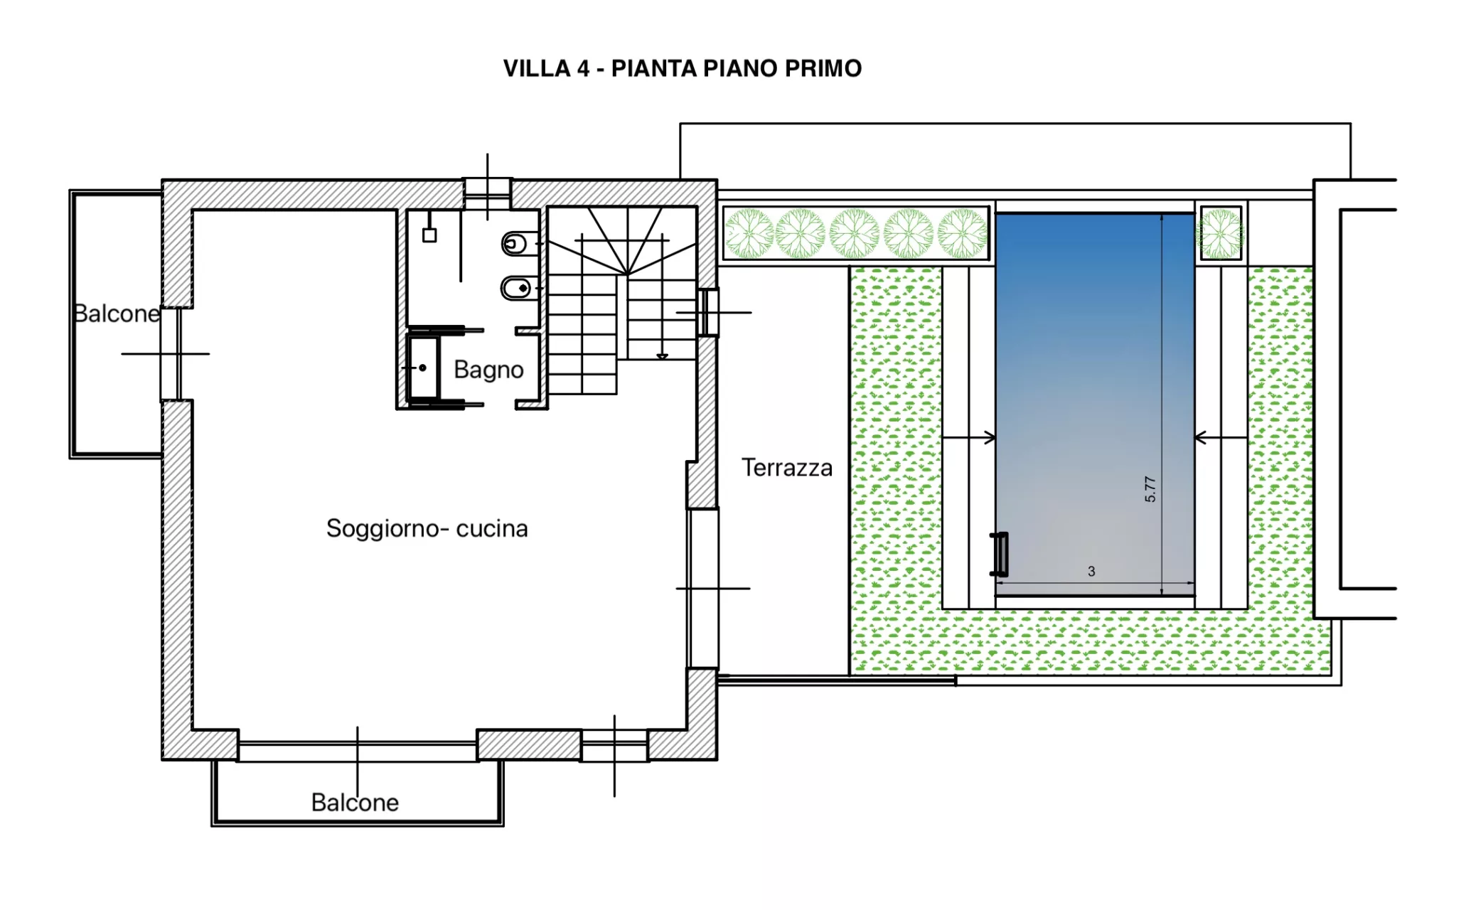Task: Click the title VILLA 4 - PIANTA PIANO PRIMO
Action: [x=682, y=68]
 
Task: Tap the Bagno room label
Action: [x=488, y=370]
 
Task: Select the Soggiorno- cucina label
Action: [x=427, y=528]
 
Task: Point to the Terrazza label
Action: [x=786, y=468]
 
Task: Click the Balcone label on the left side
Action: [x=117, y=314]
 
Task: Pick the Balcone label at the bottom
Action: [x=355, y=803]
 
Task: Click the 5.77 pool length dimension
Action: [x=1150, y=489]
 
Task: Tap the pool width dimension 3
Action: [x=1091, y=572]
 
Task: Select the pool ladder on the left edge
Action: [x=1000, y=554]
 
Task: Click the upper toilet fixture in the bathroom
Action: [x=515, y=245]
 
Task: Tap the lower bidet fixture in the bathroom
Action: [x=516, y=288]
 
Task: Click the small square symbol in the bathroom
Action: [x=429, y=235]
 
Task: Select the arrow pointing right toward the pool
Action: [x=968, y=438]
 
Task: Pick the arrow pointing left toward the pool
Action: [x=1221, y=438]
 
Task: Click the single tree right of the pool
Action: [x=1220, y=233]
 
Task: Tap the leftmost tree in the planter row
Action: [x=749, y=233]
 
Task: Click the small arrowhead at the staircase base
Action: [x=662, y=356]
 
